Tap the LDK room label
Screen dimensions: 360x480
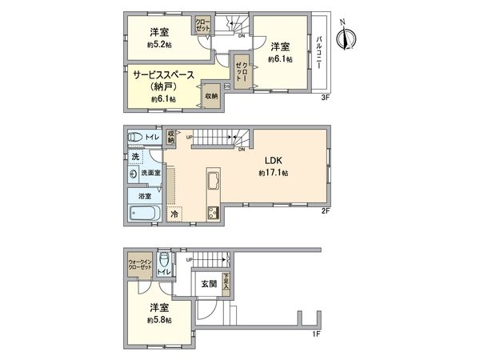click(274, 160)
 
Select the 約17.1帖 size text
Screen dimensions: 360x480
click(274, 173)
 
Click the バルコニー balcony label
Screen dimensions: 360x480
click(319, 54)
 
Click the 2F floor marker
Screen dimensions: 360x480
click(326, 210)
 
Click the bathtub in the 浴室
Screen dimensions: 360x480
click(144, 212)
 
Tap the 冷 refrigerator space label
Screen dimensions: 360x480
click(174, 214)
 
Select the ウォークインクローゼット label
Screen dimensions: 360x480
click(138, 266)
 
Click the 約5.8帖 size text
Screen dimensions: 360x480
click(158, 320)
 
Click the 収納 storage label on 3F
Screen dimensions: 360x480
click(210, 95)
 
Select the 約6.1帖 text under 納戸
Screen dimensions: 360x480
click(162, 98)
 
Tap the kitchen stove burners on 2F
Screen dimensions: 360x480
click(214, 212)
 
